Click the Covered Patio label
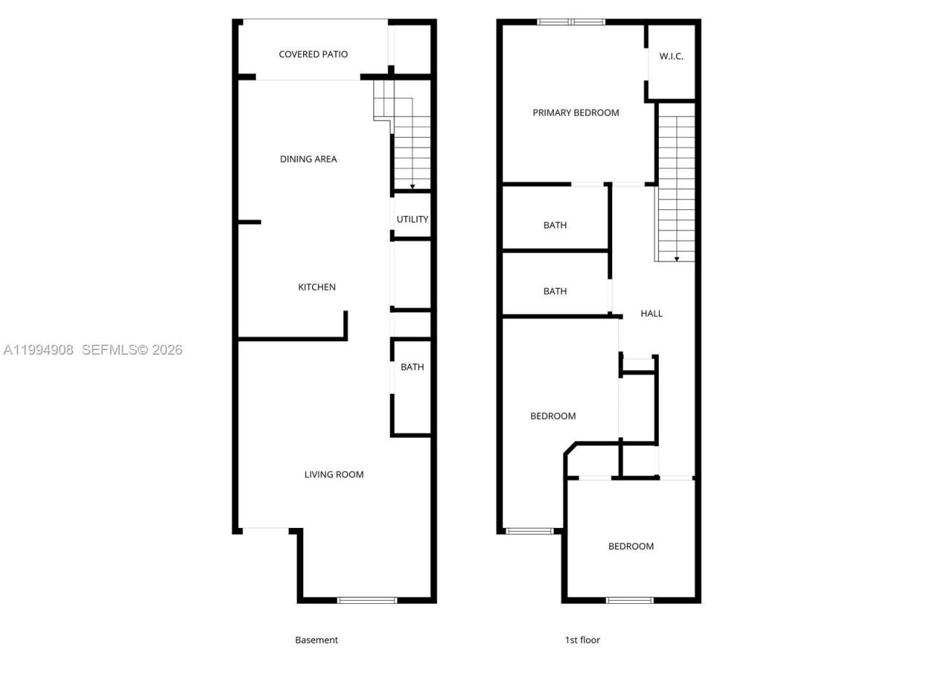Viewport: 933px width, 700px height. click(x=313, y=54)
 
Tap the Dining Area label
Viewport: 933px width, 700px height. click(x=308, y=159)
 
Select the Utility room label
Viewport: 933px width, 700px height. click(x=413, y=219)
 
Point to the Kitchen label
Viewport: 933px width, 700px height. click(x=317, y=287)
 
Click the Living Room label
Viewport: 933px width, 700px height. click(x=334, y=475)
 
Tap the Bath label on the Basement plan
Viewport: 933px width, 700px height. click(x=413, y=367)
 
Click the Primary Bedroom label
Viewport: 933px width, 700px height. click(x=576, y=112)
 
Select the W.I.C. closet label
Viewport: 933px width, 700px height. click(x=671, y=56)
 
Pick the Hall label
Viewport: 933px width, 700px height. click(x=652, y=314)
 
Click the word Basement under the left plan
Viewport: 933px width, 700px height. click(x=316, y=640)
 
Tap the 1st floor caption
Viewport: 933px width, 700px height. click(x=582, y=640)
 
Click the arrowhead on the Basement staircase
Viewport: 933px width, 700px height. click(x=413, y=187)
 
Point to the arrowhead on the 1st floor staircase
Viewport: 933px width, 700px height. click(x=677, y=259)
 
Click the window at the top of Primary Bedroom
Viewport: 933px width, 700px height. click(x=571, y=22)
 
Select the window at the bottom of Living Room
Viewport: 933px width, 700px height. click(x=367, y=600)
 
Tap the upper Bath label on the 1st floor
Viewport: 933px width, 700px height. click(x=555, y=225)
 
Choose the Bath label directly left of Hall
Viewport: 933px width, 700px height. click(x=555, y=291)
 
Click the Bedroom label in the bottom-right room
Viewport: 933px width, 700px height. click(x=631, y=546)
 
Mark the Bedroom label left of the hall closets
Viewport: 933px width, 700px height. click(x=553, y=416)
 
